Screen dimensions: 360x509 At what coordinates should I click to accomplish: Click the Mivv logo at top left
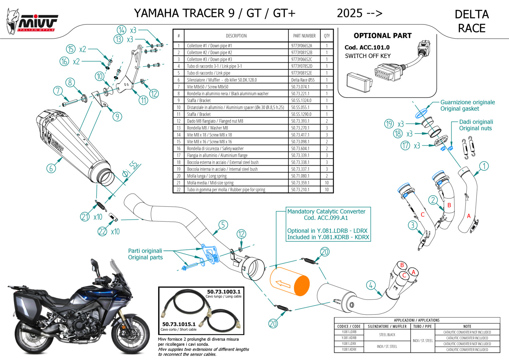coord(32,22)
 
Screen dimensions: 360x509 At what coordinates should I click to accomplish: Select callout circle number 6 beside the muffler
coord(51,168)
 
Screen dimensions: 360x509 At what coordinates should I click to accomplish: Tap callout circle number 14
coord(121,30)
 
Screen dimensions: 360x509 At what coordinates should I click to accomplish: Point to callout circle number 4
coord(371,285)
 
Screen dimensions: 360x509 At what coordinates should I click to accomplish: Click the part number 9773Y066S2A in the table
coord(301,46)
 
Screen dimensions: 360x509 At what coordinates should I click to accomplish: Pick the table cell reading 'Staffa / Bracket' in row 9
coord(199,101)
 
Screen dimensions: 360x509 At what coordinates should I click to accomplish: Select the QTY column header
coord(326,36)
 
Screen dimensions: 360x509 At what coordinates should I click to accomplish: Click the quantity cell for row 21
coord(326,183)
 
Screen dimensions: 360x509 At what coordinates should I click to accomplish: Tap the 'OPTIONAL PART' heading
coord(382,36)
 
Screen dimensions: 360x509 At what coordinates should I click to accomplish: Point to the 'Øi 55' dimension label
coord(131,169)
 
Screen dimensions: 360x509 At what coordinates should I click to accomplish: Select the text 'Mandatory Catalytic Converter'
coord(326,211)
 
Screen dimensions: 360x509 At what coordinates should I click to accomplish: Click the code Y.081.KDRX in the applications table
coord(349,349)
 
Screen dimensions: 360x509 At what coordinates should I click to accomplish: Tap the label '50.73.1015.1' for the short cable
coord(179,324)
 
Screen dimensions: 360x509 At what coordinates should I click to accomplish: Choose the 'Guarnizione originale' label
coord(467,102)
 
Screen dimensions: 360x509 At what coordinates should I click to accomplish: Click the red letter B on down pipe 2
coord(449,205)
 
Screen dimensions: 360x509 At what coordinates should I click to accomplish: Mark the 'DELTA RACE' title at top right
coord(472,21)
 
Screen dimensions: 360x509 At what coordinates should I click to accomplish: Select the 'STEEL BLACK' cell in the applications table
coord(387,335)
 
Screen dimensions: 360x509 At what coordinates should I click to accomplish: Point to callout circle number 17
coord(405,146)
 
